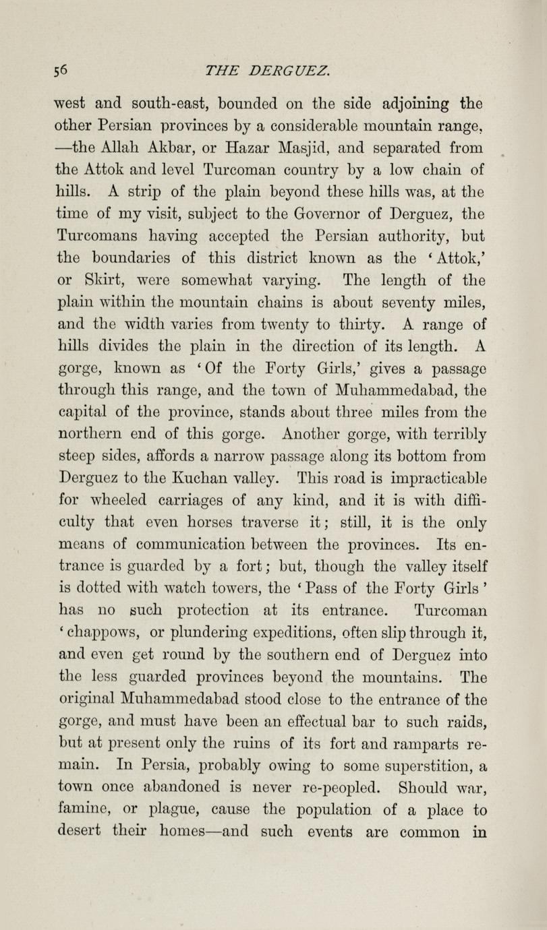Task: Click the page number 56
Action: click(63, 70)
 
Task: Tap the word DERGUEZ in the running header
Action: click(289, 70)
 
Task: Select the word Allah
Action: click(111, 147)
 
